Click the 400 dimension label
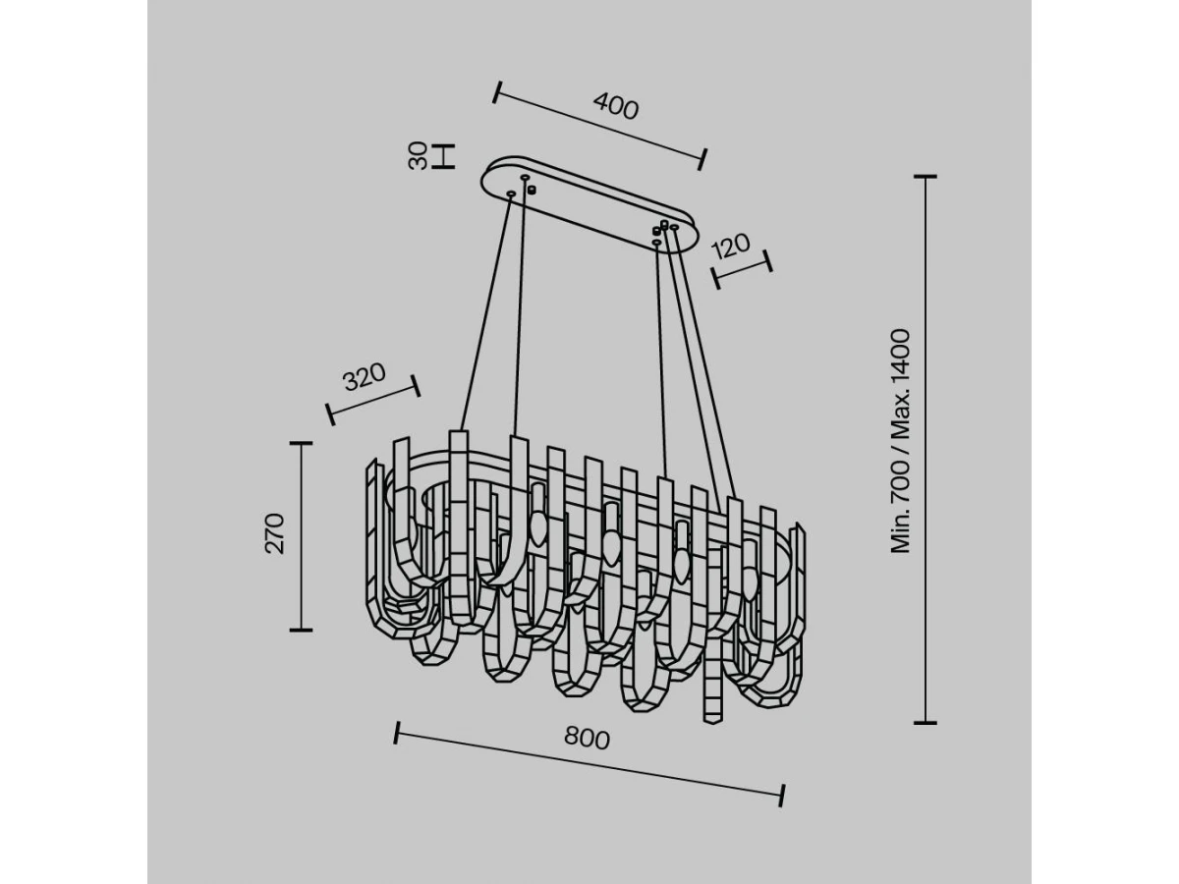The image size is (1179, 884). tap(616, 106)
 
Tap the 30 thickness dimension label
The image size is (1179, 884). tap(418, 155)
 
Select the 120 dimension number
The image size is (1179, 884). tap(730, 246)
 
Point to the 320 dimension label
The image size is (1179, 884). tap(365, 376)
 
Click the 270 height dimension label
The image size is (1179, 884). tap(274, 533)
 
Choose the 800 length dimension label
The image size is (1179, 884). tap(588, 739)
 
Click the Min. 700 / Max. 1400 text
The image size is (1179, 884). tap(900, 441)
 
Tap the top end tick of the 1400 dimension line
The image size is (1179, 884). tap(926, 176)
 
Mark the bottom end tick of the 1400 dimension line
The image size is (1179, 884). tap(926, 723)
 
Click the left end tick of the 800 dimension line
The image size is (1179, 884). tap(396, 733)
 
